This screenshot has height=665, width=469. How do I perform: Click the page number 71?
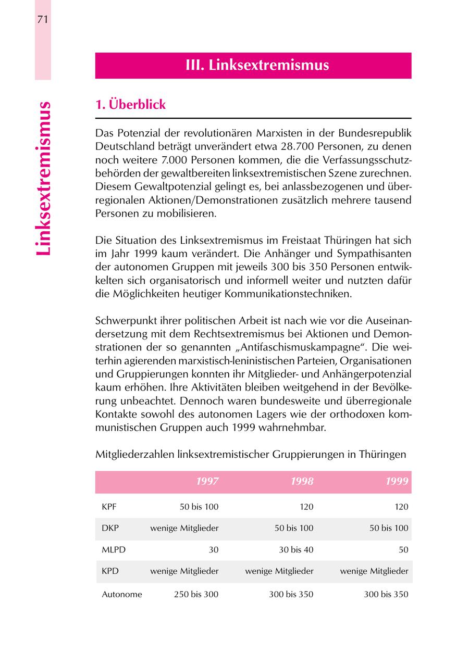[x=43, y=20]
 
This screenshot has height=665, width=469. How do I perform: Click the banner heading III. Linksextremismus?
[x=257, y=66]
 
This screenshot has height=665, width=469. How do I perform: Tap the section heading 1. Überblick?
[x=130, y=105]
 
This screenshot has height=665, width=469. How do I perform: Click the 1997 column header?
[x=207, y=481]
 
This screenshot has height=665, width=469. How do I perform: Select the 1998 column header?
[x=302, y=481]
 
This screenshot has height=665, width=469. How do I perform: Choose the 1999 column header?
[x=397, y=481]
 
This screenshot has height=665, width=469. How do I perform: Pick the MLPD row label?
[x=114, y=549]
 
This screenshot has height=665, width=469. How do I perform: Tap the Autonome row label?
[x=122, y=594]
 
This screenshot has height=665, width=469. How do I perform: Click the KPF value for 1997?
[x=196, y=507]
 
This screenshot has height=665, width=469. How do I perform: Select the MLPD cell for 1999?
[x=403, y=549]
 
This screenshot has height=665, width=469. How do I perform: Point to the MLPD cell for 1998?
[x=294, y=549]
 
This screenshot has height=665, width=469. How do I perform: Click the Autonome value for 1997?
[x=196, y=594]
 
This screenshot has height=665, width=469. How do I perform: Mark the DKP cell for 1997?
[x=184, y=528]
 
